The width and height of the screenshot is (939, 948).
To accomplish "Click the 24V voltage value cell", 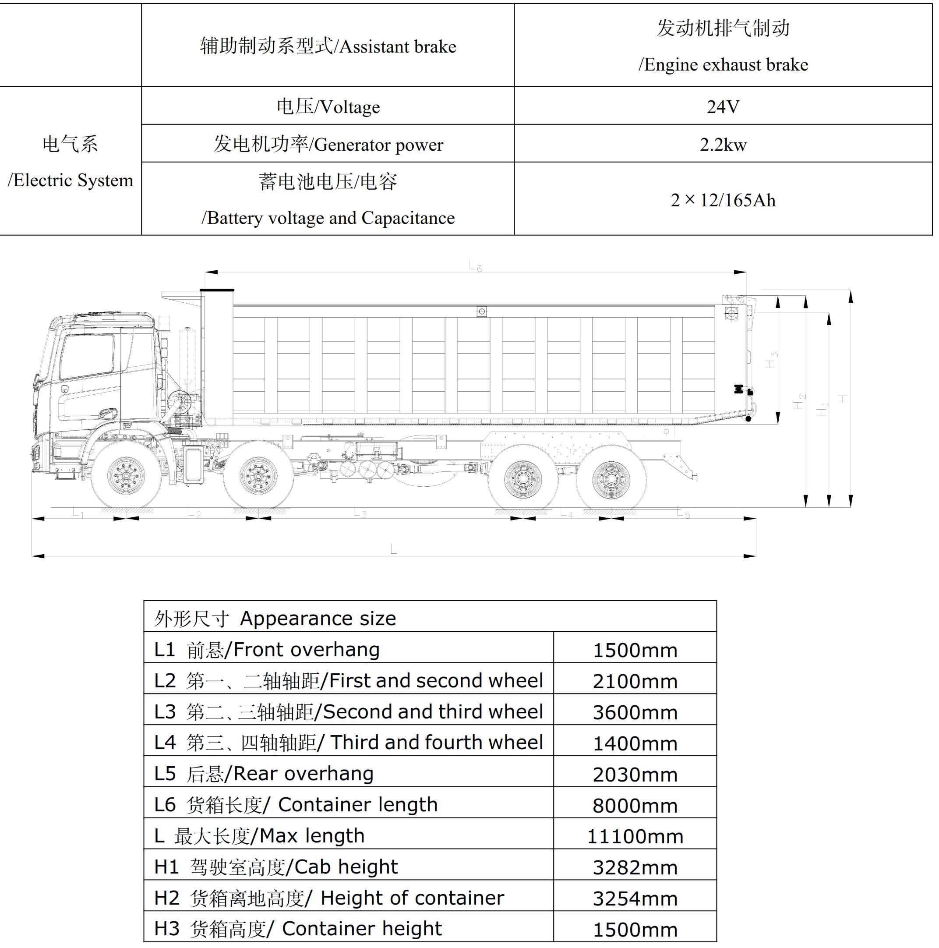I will [x=722, y=106].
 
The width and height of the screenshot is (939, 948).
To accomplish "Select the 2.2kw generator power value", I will [x=722, y=145].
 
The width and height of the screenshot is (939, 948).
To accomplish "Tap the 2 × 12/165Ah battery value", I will [x=722, y=200].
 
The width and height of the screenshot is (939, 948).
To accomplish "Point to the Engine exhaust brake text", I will [x=722, y=65].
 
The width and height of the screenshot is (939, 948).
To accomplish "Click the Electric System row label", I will [x=70, y=162].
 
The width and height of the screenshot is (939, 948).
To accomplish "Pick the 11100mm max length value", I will [x=634, y=836].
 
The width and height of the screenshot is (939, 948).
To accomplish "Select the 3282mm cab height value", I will [x=634, y=867].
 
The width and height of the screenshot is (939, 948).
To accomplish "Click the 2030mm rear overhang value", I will [x=634, y=774].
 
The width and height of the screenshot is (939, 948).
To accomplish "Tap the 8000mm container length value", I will [x=634, y=805].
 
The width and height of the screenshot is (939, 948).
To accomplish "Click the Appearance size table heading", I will [x=275, y=618].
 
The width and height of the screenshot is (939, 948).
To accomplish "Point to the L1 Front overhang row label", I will [x=266, y=650].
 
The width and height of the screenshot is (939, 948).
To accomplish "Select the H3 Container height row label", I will [x=297, y=928].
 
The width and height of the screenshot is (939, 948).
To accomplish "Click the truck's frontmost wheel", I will [x=126, y=475].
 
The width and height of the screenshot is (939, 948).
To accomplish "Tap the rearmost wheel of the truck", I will [x=611, y=478].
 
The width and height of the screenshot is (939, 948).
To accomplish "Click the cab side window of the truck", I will [x=87, y=356].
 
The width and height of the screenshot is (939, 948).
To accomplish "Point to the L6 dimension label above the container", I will [x=475, y=266].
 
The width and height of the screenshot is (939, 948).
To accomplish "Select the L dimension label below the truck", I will [x=393, y=549].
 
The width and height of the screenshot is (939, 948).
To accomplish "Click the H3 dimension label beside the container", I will [x=771, y=360].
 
